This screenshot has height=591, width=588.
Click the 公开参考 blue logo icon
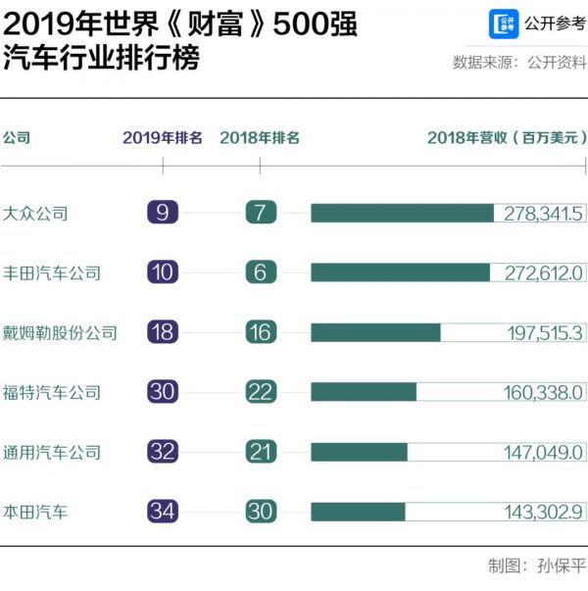505,24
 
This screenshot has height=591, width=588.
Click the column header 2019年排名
163,138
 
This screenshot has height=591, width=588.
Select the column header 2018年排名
260,138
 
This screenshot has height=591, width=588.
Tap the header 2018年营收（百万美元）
507,138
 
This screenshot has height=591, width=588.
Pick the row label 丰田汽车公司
52,272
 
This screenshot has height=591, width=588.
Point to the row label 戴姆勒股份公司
60,332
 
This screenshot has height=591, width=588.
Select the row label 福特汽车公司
52,392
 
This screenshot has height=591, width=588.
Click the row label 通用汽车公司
52,452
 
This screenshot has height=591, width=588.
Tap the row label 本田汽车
36,512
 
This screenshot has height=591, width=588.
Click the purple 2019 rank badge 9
163,213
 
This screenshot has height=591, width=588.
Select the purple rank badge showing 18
163,332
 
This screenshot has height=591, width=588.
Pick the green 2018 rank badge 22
260,392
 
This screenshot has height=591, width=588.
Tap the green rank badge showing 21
260,452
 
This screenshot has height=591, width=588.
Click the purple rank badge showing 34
163,512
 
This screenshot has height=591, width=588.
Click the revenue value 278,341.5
543,213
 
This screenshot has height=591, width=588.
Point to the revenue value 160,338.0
543,392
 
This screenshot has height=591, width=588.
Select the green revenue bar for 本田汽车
358,512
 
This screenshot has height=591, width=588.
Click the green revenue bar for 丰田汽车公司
400,272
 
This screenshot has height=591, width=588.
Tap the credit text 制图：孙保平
535,566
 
